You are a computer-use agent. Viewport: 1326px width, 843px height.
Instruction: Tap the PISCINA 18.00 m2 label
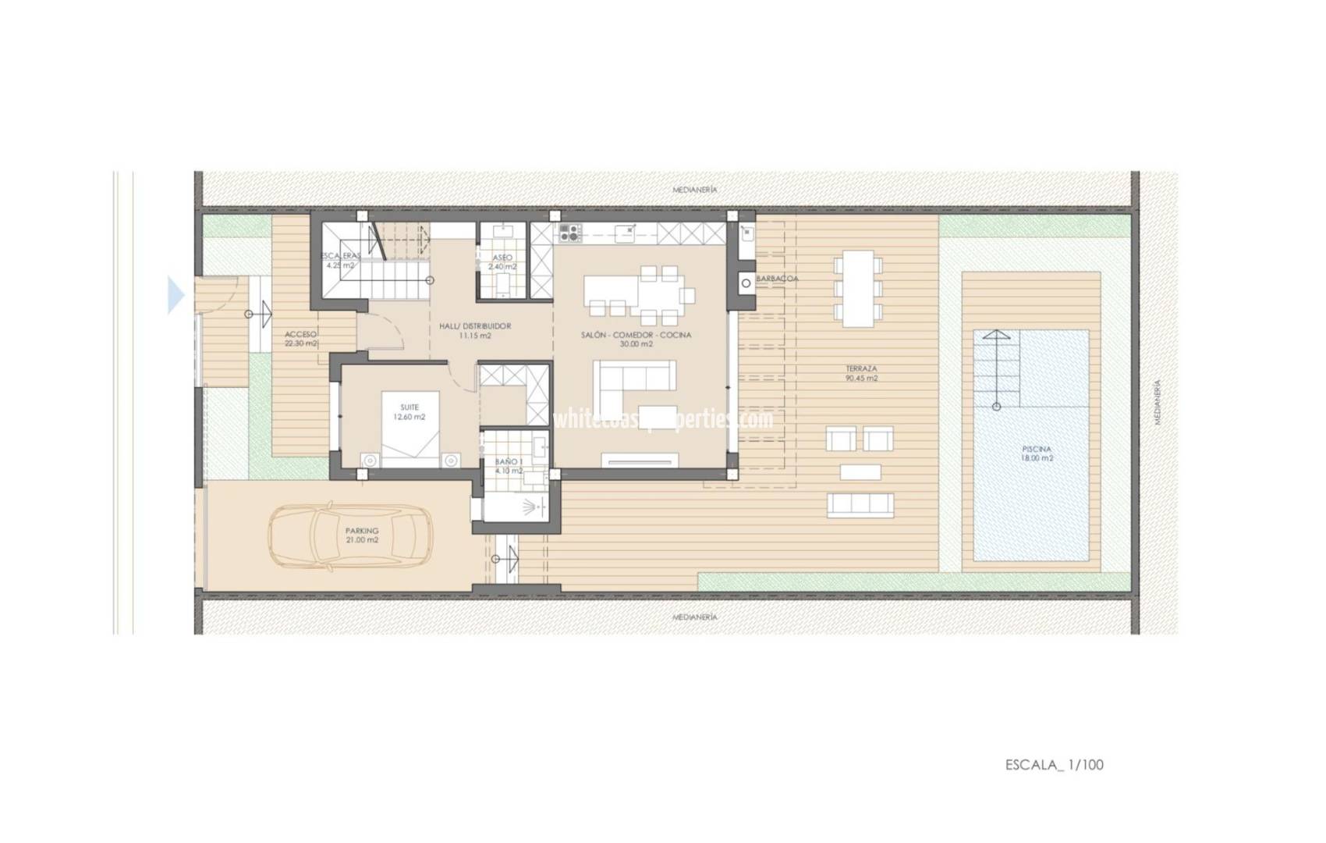coord(1037,454)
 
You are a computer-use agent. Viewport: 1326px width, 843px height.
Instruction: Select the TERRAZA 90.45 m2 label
coord(861,373)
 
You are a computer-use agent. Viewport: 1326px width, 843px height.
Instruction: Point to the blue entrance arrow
coord(176,296)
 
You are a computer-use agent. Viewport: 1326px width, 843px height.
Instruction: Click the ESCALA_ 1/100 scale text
coord(1054,765)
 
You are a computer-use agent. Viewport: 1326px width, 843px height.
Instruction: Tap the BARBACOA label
coord(777,278)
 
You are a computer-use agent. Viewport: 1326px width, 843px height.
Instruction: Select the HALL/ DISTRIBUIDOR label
coord(474,330)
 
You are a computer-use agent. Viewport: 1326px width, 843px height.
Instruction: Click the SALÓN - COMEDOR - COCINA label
coord(636,339)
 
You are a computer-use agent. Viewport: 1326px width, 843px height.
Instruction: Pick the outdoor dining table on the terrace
coord(857,288)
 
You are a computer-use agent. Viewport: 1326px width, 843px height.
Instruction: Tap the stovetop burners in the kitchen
coord(569,232)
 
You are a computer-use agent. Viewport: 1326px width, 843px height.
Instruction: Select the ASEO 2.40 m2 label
coord(502,261)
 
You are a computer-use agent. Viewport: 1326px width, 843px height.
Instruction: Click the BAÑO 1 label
coord(509,466)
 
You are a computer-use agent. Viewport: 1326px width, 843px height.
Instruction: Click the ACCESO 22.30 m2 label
coord(301,339)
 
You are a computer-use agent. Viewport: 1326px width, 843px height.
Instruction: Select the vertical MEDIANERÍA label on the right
coord(1158,402)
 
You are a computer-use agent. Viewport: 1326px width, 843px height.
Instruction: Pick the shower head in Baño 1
coord(534,507)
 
